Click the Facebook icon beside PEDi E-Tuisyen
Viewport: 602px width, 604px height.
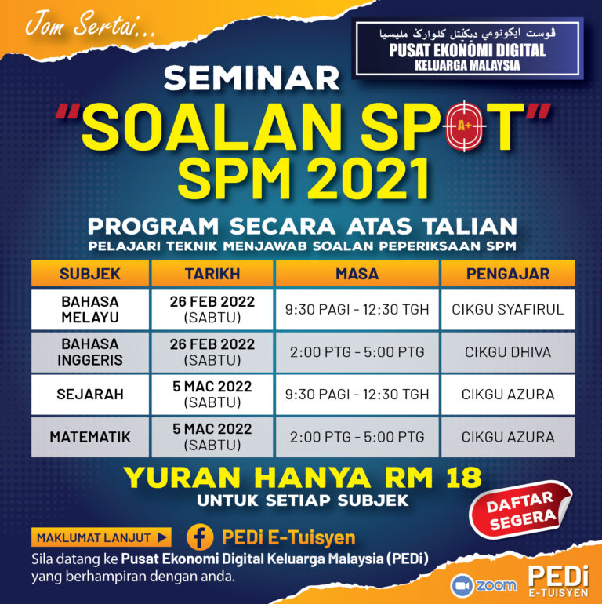201,537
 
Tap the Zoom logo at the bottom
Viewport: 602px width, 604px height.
484,585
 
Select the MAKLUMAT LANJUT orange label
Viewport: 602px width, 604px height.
101,538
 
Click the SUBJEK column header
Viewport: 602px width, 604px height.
89,274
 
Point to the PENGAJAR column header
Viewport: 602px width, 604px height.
507,274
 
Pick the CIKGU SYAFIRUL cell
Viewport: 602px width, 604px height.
507,309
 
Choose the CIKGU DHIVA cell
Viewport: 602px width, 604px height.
507,351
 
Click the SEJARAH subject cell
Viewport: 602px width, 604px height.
89,395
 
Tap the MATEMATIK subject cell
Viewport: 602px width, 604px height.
89,437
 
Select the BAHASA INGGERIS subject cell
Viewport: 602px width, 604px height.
89,351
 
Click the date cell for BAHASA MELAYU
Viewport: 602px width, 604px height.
212,309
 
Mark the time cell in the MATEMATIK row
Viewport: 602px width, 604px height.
357,437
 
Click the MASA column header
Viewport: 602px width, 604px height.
357,274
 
